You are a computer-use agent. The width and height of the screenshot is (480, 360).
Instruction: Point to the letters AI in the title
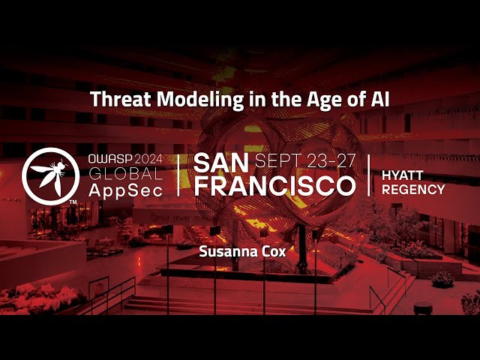tap(378, 99)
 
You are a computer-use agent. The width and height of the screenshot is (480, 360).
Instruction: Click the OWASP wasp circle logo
tap(50, 175)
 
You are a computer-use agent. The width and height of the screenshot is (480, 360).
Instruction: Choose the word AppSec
tap(123, 190)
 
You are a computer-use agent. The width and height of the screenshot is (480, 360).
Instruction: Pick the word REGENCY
tap(413, 189)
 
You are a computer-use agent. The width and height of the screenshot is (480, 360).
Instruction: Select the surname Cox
tap(274, 252)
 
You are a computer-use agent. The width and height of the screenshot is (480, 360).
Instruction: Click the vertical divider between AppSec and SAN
tap(178, 175)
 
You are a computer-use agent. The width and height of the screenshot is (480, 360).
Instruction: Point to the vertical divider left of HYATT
tap(369, 175)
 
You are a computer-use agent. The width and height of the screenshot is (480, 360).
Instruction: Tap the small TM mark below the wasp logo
tap(72, 202)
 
